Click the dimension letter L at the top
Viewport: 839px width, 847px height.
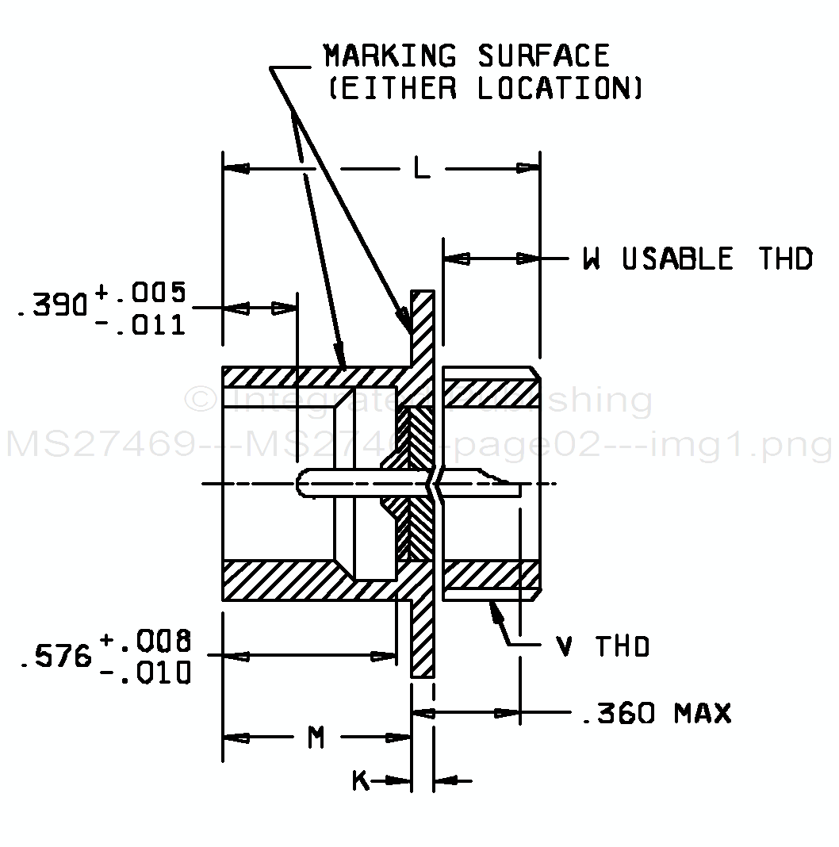click(x=421, y=168)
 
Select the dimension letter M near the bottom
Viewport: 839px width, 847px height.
click(x=316, y=738)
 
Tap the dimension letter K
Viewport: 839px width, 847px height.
click(x=361, y=782)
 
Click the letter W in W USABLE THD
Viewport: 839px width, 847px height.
click(x=592, y=259)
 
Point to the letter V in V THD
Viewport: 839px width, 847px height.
click(x=565, y=647)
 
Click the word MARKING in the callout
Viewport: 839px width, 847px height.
click(x=390, y=56)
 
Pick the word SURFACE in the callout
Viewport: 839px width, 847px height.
click(x=544, y=56)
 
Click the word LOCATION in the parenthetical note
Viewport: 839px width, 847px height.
click(x=559, y=88)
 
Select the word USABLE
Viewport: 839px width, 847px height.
click(x=678, y=259)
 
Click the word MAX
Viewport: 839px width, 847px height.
click(x=703, y=713)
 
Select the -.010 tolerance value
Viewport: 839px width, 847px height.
click(x=146, y=673)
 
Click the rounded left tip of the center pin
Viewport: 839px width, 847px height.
click(x=299, y=484)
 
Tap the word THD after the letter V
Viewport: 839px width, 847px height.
click(x=623, y=647)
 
